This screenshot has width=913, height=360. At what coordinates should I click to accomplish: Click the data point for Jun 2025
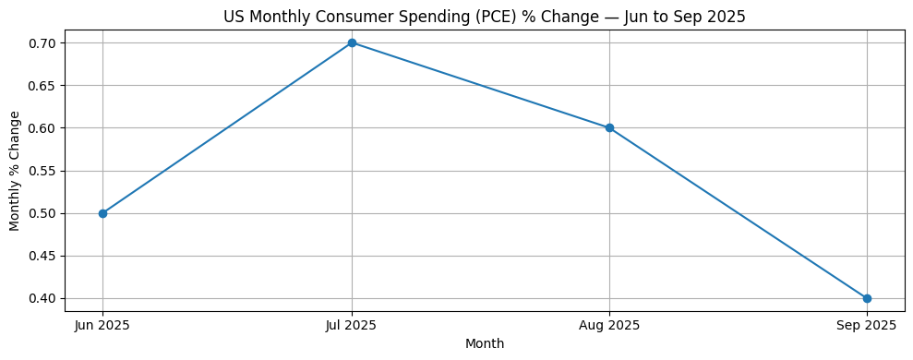(102, 213)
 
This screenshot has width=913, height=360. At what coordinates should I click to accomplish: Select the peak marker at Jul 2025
(352, 43)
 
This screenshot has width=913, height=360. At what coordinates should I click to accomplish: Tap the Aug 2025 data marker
(609, 128)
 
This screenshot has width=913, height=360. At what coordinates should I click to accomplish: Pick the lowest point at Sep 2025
(867, 298)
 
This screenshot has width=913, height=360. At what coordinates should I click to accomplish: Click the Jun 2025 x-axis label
(102, 325)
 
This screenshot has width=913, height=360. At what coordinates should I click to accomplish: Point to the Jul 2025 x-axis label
(352, 325)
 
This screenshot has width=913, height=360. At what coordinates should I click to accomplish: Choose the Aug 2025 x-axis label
(609, 325)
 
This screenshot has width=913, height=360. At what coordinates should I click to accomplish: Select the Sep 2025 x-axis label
(867, 325)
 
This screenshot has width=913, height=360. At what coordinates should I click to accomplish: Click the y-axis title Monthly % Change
(15, 171)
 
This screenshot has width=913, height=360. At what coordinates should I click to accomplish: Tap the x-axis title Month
(485, 344)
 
